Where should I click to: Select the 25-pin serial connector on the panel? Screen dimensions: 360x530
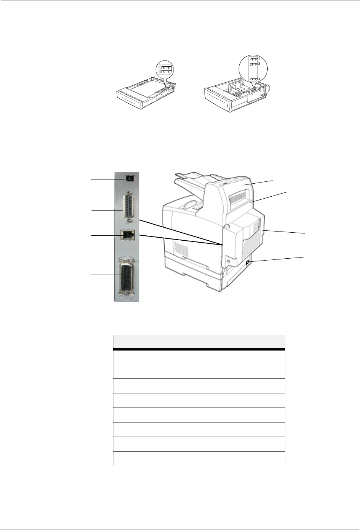(x=129, y=207)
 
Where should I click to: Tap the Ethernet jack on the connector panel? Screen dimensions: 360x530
(x=128, y=235)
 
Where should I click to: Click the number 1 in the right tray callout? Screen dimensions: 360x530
(x=259, y=58)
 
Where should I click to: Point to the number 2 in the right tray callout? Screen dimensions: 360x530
(x=259, y=64)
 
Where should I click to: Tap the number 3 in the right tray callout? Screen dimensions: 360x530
(x=259, y=78)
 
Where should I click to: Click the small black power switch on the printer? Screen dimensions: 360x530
(x=247, y=263)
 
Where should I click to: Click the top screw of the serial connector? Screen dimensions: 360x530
(x=129, y=192)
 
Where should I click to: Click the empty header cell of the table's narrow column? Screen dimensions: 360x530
(x=125, y=342)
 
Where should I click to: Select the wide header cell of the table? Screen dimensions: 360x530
(x=211, y=342)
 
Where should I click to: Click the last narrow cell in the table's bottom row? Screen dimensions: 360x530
(x=125, y=458)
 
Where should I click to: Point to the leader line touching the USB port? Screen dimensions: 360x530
(x=108, y=179)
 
